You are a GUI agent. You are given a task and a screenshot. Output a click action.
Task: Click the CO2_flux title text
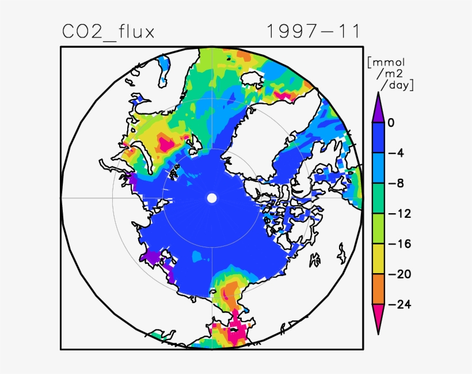[108, 32]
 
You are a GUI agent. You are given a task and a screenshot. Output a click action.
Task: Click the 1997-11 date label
[314, 32]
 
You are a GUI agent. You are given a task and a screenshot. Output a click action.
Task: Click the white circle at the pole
[212, 198]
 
